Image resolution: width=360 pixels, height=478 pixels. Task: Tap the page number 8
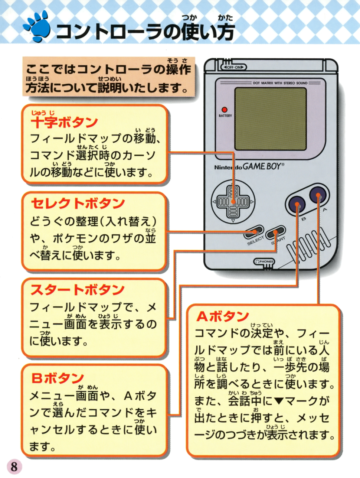coord(14,467)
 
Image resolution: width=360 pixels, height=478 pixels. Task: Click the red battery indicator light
coord(224,110)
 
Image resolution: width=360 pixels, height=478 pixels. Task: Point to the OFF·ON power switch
coord(234,67)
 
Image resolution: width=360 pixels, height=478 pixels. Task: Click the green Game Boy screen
coord(271,119)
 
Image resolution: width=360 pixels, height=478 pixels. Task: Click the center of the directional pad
coord(233,202)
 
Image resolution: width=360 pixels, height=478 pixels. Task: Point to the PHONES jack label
coord(264,261)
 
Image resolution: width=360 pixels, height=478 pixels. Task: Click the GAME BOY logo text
coord(263,167)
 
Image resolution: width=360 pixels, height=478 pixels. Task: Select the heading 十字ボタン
coord(64,123)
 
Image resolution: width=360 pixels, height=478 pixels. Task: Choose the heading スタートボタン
coord(78,290)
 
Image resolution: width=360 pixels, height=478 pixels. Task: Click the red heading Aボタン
coord(222,316)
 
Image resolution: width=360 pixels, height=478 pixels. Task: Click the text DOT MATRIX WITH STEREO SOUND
coord(280,83)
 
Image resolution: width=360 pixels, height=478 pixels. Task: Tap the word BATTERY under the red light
coord(225,116)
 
